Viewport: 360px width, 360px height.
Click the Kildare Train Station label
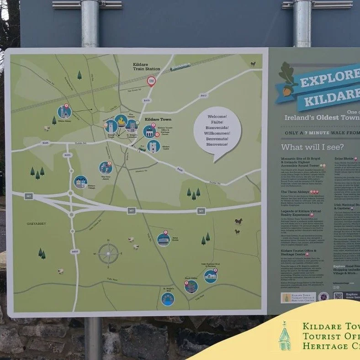pos(146,66)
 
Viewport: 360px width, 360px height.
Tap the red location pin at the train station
pos(151,81)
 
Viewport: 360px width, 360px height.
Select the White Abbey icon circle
pos(64,112)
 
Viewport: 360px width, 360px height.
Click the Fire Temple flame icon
pos(121,121)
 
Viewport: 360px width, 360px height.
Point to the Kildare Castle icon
pos(154,146)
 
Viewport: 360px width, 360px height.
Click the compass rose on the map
pos(108,254)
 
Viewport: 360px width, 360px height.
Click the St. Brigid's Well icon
pos(168,299)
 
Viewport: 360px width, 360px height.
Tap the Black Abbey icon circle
pos(191,286)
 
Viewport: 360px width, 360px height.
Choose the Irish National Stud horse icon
pos(211,276)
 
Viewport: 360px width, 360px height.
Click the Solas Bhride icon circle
pos(164,239)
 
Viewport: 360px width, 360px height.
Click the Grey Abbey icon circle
pos(106,168)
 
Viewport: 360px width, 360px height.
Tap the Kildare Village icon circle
pos(81,182)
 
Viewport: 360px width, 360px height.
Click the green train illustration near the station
pos(180,68)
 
